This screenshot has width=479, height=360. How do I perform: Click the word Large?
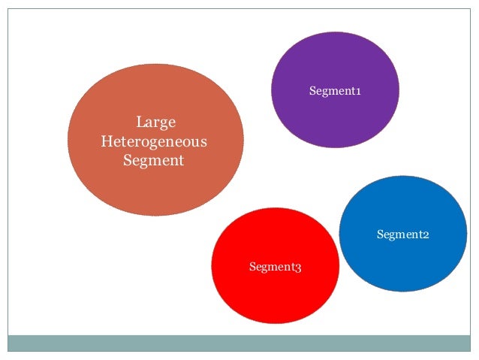click(x=155, y=122)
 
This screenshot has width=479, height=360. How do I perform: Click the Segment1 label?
click(x=335, y=92)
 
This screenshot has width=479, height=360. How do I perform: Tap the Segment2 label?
click(x=402, y=235)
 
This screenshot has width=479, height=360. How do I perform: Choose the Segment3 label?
click(x=275, y=267)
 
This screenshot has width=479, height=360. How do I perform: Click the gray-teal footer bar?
click(x=239, y=343)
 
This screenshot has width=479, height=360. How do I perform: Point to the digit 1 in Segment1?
click(x=358, y=92)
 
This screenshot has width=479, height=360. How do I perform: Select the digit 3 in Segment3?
click(x=298, y=268)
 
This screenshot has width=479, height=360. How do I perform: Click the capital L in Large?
click(x=140, y=122)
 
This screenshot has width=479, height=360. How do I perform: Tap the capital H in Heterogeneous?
click(x=106, y=141)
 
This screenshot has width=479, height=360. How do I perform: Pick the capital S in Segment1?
click(x=312, y=92)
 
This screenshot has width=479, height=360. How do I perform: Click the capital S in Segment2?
click(x=380, y=235)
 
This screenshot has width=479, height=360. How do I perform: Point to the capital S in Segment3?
click(x=252, y=267)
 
